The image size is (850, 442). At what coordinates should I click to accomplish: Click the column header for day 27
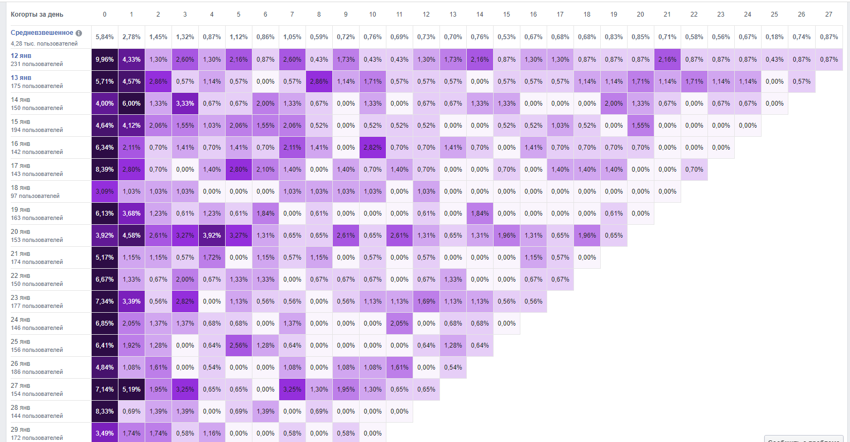(829, 14)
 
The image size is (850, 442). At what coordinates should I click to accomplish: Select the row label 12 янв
(21, 56)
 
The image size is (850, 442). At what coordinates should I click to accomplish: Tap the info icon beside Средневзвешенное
(79, 33)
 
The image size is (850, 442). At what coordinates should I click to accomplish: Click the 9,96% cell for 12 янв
(105, 60)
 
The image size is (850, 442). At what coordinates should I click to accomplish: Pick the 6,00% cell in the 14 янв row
(131, 104)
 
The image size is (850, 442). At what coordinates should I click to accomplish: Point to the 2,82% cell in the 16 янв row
(372, 148)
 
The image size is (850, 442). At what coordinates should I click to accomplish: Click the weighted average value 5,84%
(105, 37)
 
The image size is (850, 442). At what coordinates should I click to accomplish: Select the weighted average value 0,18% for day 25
(774, 37)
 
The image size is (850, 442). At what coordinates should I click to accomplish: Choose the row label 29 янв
(20, 430)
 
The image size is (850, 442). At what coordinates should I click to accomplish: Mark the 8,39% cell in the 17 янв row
(105, 170)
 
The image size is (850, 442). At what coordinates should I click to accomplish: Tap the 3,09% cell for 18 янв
(105, 191)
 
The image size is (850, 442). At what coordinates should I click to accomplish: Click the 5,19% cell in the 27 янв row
(131, 389)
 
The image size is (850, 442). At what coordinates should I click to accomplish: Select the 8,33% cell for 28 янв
(105, 411)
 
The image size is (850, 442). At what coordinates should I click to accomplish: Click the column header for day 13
(453, 14)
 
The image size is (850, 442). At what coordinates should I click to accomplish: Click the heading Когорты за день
(37, 14)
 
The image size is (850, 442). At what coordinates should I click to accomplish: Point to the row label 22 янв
(20, 276)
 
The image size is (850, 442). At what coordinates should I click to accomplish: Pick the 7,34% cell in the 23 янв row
(105, 301)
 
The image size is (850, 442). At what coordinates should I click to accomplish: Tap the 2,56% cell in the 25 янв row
(238, 345)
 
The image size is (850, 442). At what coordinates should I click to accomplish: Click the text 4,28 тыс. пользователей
(44, 43)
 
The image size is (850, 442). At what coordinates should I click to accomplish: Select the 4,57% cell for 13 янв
(131, 82)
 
